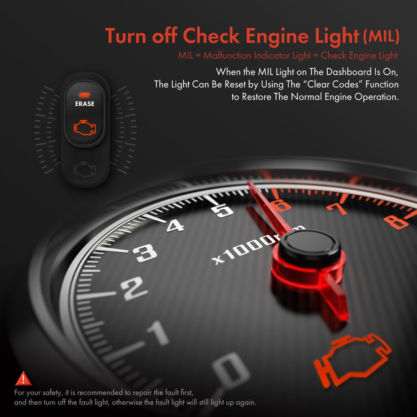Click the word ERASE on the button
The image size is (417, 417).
tap(85, 104)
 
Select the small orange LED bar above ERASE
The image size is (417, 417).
tap(85, 94)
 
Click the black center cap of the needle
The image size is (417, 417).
tap(309, 244)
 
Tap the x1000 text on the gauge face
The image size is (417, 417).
tap(242, 249)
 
